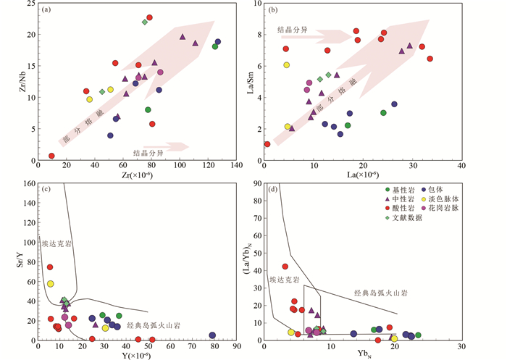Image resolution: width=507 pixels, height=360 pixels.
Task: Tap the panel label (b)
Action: point(275,10)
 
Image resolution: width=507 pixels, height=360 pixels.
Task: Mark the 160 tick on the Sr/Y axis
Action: point(28,184)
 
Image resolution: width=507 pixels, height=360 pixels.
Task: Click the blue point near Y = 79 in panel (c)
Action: point(212,335)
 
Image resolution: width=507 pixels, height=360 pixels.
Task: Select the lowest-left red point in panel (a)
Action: point(51,156)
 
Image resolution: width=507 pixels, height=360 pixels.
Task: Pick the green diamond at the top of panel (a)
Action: point(145,22)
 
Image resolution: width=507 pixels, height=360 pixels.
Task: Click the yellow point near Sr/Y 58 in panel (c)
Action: point(51,284)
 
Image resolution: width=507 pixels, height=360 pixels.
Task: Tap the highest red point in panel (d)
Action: point(285,267)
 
